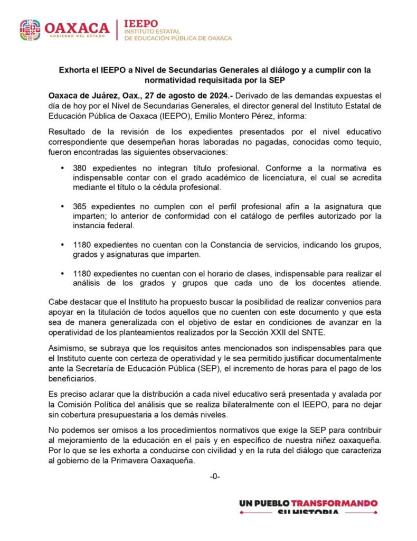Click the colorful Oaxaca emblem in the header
click(x=30, y=30)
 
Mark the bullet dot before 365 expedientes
click(x=63, y=207)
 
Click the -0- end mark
click(x=214, y=477)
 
